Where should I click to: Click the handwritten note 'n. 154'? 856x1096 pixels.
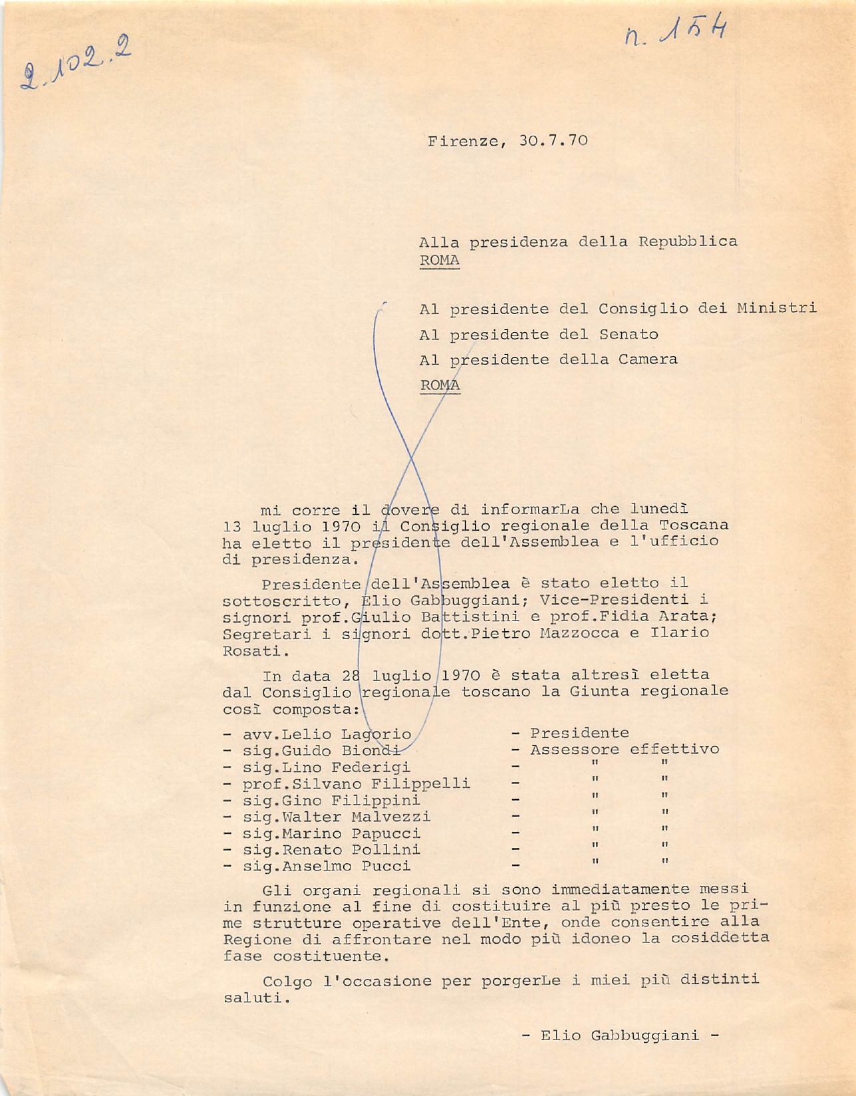(676, 33)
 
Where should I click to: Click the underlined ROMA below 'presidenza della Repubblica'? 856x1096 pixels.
(440, 261)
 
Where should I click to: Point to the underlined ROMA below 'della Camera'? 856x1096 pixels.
(440, 385)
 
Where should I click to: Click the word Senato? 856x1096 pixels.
(629, 335)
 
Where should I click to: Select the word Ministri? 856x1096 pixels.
(777, 309)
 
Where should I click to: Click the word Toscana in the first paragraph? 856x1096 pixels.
(693, 525)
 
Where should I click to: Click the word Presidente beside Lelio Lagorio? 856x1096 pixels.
(579, 733)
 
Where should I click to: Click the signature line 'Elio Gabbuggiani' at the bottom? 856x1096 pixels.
(620, 1035)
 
